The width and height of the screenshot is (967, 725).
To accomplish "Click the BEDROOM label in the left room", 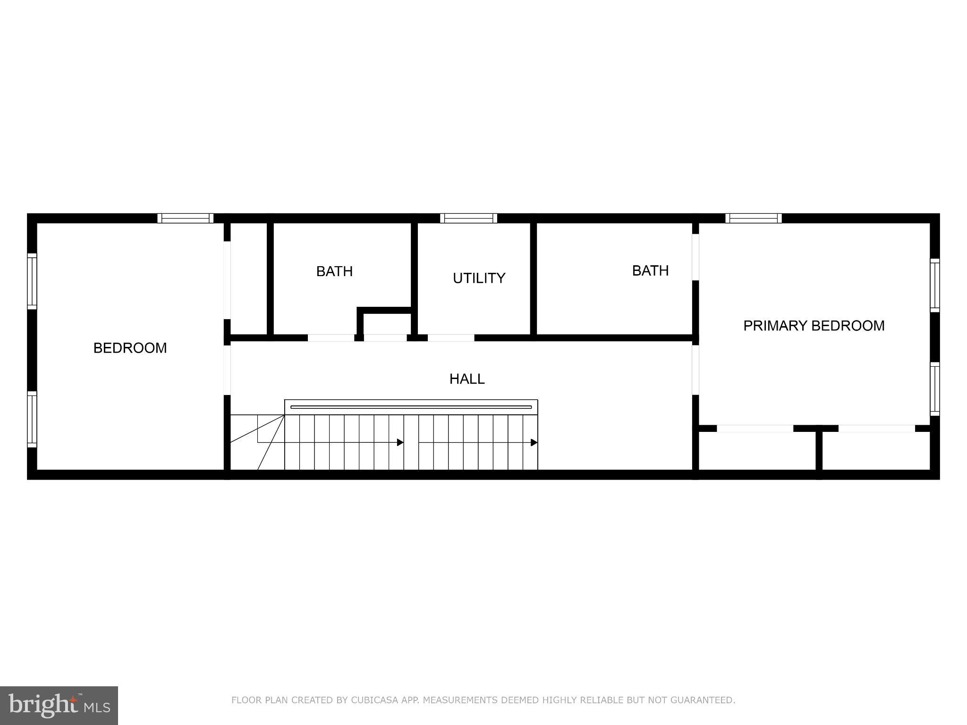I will coord(130,348).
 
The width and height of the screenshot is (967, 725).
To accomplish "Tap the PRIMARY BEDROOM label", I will coord(814,326).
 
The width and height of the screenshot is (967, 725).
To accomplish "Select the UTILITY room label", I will coord(479,278).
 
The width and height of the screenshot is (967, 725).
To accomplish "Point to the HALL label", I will coord(467,379).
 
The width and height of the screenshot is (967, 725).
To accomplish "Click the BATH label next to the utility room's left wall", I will coord(334,271).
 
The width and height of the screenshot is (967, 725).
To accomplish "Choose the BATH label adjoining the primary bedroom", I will coord(650,270).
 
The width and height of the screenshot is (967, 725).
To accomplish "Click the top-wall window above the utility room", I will coord(468,218).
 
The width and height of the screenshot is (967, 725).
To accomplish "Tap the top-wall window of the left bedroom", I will coord(185,218).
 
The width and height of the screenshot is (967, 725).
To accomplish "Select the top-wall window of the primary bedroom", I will coord(754,218).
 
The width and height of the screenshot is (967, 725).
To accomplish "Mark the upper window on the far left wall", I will coord(32,281).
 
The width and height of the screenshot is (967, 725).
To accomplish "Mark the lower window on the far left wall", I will coord(32,419).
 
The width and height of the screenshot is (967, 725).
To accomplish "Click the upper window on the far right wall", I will coord(934,285).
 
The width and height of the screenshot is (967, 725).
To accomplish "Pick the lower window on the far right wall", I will coord(934,389).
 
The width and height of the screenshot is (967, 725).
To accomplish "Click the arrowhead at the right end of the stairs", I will coord(534,442).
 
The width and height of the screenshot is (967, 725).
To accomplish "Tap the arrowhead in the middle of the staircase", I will coord(400,442).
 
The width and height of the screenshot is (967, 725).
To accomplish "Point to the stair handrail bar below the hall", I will coord(411,407).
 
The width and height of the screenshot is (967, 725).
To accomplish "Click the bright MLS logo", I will coord(59,706).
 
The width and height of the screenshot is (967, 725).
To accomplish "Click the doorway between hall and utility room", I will coord(451,338).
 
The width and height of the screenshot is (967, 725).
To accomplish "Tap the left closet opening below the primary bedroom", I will coord(755,429).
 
